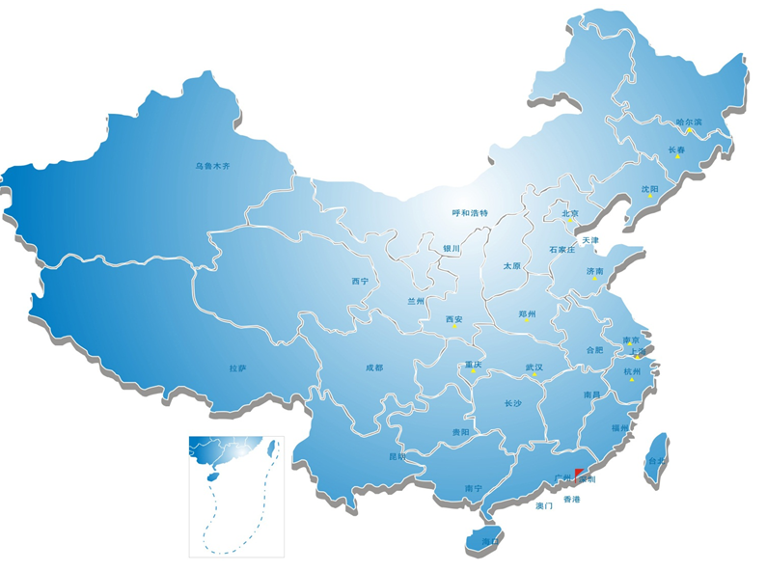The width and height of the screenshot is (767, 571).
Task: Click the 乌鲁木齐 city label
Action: coord(213,166)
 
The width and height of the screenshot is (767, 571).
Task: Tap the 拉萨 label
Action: coord(238,367)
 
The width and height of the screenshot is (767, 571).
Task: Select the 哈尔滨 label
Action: coord(689,122)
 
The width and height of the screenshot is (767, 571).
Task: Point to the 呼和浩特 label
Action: coord(471,212)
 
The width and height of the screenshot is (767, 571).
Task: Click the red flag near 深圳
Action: coord(578,473)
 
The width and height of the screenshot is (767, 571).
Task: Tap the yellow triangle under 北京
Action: coord(570,222)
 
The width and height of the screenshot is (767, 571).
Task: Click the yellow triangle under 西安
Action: coord(454,327)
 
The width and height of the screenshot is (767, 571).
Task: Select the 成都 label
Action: coord(373,367)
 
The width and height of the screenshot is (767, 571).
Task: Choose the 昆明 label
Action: coord(397,456)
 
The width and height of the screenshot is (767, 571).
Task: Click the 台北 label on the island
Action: coord(656,461)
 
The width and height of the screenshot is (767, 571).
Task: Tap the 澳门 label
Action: coord(543,505)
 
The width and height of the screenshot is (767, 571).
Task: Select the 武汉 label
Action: coord(534,367)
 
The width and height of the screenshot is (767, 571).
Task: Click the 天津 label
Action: coord(590,239)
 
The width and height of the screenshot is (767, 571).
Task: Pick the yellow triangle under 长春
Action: coord(677,157)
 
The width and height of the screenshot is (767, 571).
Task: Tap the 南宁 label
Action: coord(473,489)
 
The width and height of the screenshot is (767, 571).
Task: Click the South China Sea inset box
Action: coord(236,496)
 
